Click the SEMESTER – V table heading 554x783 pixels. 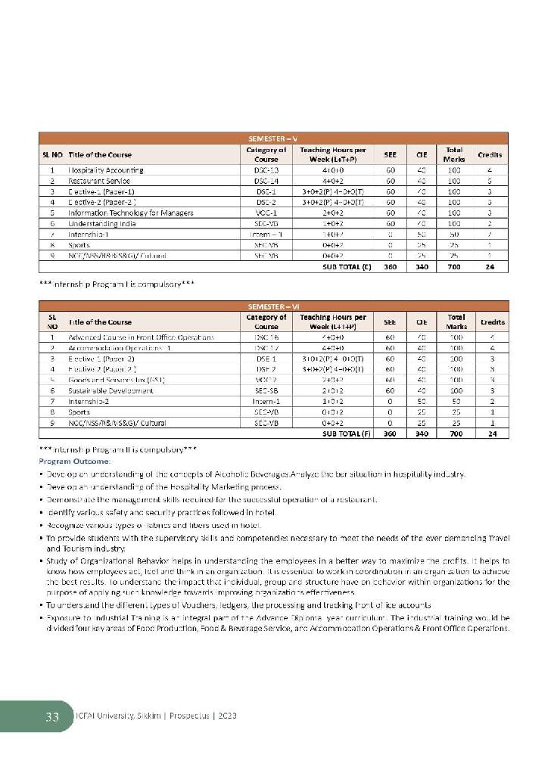[x=273, y=138]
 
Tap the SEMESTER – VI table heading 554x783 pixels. [x=273, y=305]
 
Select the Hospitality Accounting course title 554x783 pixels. [x=106, y=171]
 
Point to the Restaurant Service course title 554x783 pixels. [x=99, y=182]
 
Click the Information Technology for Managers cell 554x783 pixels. [x=131, y=213]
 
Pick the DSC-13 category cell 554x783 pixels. [x=266, y=171]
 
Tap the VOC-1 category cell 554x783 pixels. [x=266, y=213]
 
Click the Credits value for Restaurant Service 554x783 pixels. [x=490, y=182]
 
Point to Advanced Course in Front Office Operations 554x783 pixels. [x=142, y=337]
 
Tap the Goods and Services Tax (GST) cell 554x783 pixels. [x=117, y=379]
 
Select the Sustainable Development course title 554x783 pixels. [x=111, y=390]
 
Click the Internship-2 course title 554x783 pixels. [x=89, y=401]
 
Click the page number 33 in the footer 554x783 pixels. [x=51, y=716]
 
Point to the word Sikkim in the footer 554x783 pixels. [x=137, y=716]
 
